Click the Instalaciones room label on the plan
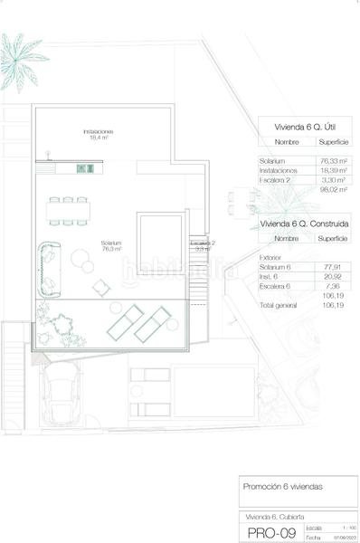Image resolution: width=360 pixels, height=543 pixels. [x=97, y=134]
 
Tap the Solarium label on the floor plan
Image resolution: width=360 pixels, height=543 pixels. [x=111, y=245]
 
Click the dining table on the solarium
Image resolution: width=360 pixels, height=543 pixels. [x=69, y=211]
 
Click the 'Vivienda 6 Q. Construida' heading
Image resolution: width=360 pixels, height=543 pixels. [x=306, y=223]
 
